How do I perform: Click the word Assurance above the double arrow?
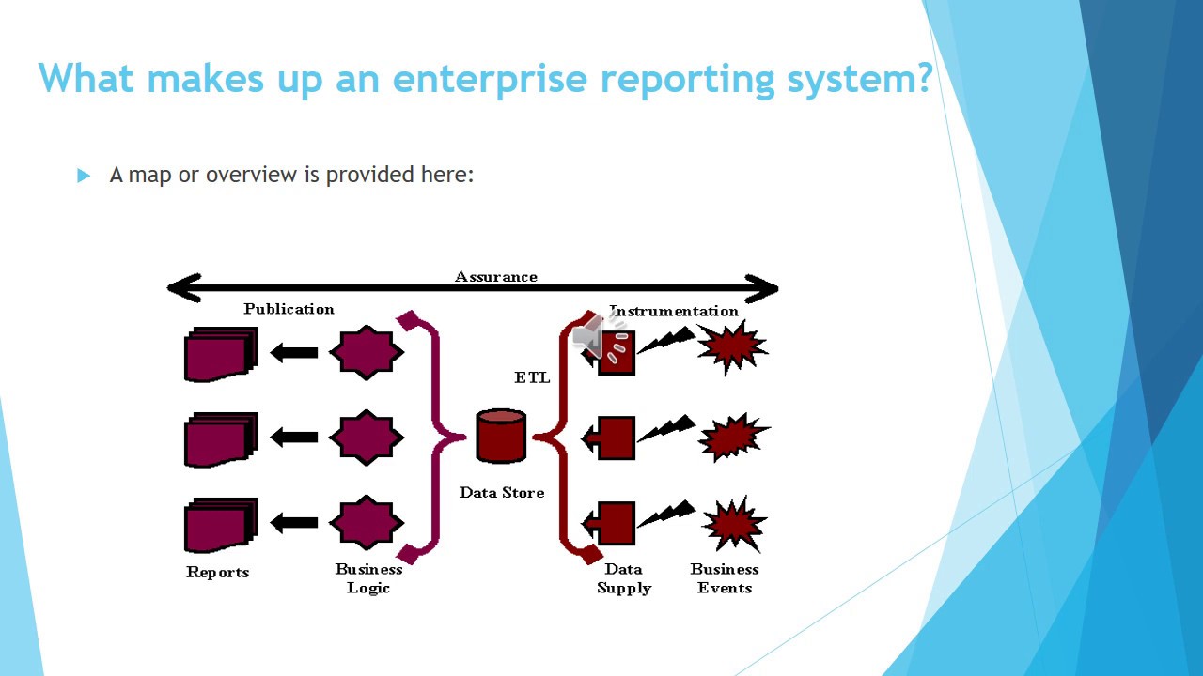tap(495, 276)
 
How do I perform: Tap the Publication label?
tap(289, 309)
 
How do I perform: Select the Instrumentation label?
tap(675, 311)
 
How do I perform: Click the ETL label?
tap(532, 377)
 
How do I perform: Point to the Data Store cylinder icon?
tap(501, 436)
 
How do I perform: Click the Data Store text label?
tap(501, 492)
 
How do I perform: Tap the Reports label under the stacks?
tap(217, 572)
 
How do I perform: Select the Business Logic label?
tap(368, 578)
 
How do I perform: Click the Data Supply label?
tap(623, 578)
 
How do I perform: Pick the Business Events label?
tap(725, 578)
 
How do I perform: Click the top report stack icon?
tap(221, 354)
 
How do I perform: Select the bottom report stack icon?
tap(221, 525)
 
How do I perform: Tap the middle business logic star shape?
tap(367, 438)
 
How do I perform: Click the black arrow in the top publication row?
tap(294, 353)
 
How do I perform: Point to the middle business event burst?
tap(733, 437)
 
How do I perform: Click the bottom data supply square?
tap(616, 523)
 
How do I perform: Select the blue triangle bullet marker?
tap(84, 176)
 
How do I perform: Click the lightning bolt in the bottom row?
tap(666, 513)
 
